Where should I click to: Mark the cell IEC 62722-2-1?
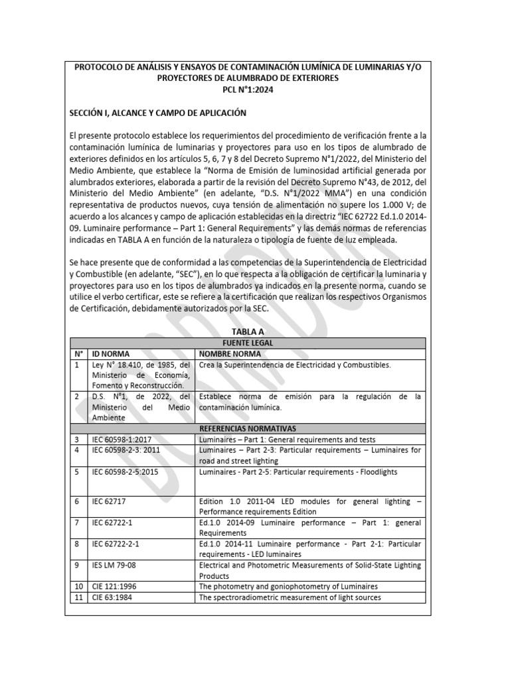click(x=117, y=544)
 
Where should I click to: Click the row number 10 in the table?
click(x=78, y=586)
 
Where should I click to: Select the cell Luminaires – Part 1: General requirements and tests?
click(x=288, y=440)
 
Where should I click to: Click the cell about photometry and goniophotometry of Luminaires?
click(x=288, y=586)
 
